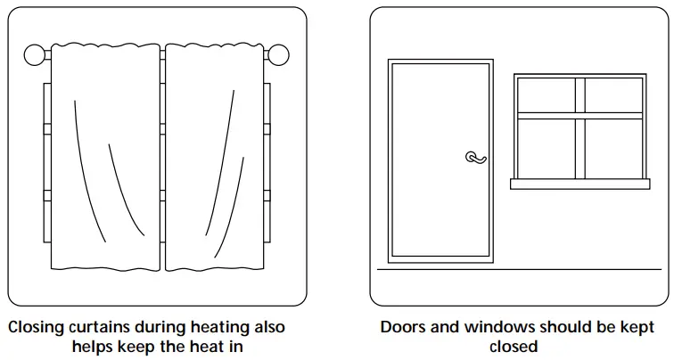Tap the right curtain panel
(214, 160)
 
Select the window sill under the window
(579, 184)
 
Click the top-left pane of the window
(547, 95)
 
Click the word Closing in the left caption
(37, 328)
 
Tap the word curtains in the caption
(103, 328)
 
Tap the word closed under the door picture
(513, 346)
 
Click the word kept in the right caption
(636, 328)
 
